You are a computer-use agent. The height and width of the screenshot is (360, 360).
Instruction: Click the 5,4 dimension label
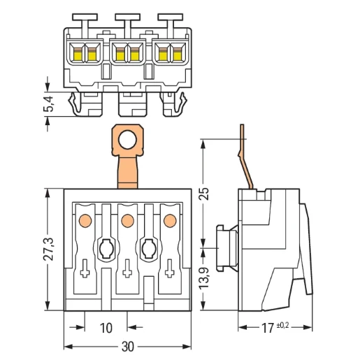point(48,104)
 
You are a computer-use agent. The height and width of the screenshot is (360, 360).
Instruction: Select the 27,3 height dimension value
point(48,250)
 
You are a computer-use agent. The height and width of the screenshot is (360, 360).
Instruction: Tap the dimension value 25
point(204,194)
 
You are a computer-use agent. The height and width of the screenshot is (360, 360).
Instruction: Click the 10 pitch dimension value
point(106,328)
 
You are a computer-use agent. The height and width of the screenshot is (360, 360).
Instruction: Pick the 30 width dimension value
point(128,347)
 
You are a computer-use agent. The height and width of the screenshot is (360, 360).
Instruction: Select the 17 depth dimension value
point(268,328)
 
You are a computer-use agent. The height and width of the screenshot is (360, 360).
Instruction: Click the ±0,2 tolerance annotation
point(282,325)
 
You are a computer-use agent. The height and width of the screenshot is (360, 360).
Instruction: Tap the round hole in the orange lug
point(127,140)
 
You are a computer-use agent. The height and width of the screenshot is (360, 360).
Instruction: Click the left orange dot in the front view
point(85,220)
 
